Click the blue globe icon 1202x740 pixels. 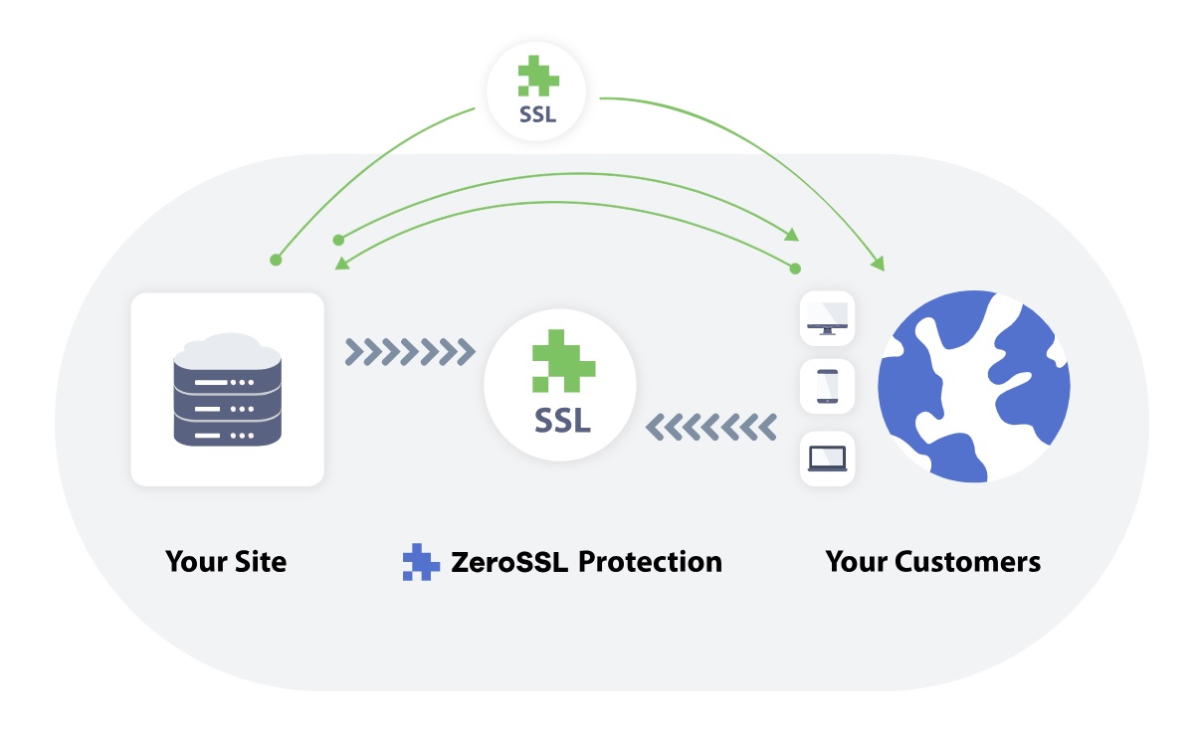click(973, 387)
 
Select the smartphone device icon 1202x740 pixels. click(828, 387)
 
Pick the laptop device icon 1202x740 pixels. click(828, 459)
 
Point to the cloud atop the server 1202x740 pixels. click(227, 348)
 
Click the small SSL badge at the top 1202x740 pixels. click(537, 92)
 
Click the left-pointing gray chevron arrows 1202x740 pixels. click(710, 427)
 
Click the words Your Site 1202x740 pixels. click(226, 562)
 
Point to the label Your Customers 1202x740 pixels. click(932, 562)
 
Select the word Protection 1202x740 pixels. click(650, 562)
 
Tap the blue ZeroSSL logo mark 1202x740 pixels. click(421, 562)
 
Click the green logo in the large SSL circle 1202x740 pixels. click(563, 361)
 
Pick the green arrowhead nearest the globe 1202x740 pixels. click(877, 264)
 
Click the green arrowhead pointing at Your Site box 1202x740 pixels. click(341, 263)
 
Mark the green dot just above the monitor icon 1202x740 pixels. click(795, 269)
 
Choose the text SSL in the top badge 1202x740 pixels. click(537, 114)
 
